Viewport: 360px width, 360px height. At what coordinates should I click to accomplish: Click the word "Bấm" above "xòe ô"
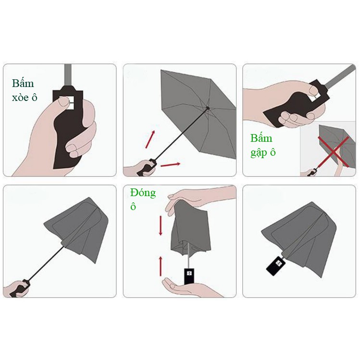(x=23, y=83)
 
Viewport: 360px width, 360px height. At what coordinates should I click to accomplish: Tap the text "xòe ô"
(x=25, y=98)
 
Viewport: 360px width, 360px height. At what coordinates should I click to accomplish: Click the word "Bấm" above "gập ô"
(x=261, y=138)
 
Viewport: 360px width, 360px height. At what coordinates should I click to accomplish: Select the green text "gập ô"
(x=263, y=153)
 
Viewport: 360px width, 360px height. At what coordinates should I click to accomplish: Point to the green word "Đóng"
(x=143, y=193)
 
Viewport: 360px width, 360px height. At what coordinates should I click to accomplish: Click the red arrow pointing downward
(x=161, y=225)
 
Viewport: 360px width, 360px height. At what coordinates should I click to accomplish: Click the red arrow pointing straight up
(x=161, y=266)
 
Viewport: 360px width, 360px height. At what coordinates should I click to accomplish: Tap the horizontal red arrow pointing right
(x=170, y=164)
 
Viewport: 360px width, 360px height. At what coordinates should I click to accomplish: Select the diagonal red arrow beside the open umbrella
(x=150, y=139)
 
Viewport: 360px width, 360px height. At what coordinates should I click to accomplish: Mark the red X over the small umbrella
(x=334, y=152)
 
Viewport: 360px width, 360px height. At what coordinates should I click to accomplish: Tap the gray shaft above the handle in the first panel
(x=68, y=75)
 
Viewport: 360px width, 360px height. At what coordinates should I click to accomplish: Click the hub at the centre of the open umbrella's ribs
(x=208, y=108)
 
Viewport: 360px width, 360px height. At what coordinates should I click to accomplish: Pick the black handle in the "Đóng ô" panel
(x=189, y=276)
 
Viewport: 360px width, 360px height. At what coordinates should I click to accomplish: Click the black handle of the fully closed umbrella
(x=275, y=266)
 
